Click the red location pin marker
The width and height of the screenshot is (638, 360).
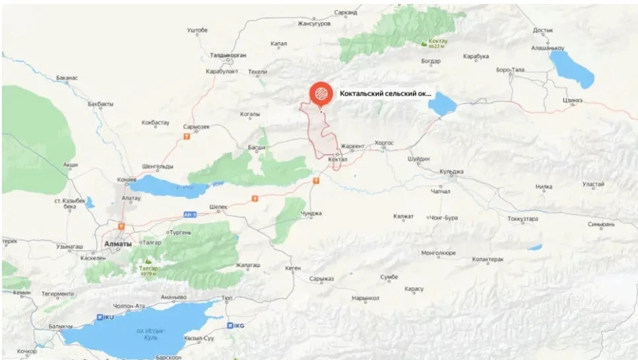coord(321,93)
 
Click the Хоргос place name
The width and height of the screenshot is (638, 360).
coord(384,142)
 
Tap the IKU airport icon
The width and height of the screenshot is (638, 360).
coord(100,317)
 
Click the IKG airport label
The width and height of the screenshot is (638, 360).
coord(238,325)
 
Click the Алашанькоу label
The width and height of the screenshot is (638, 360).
coord(548,48)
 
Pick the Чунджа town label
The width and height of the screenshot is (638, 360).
coord(311,213)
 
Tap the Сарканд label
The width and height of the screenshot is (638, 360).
coord(345,13)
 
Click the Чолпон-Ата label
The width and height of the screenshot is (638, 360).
coord(129,306)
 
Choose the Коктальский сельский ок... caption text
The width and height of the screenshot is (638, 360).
coord(385,94)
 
